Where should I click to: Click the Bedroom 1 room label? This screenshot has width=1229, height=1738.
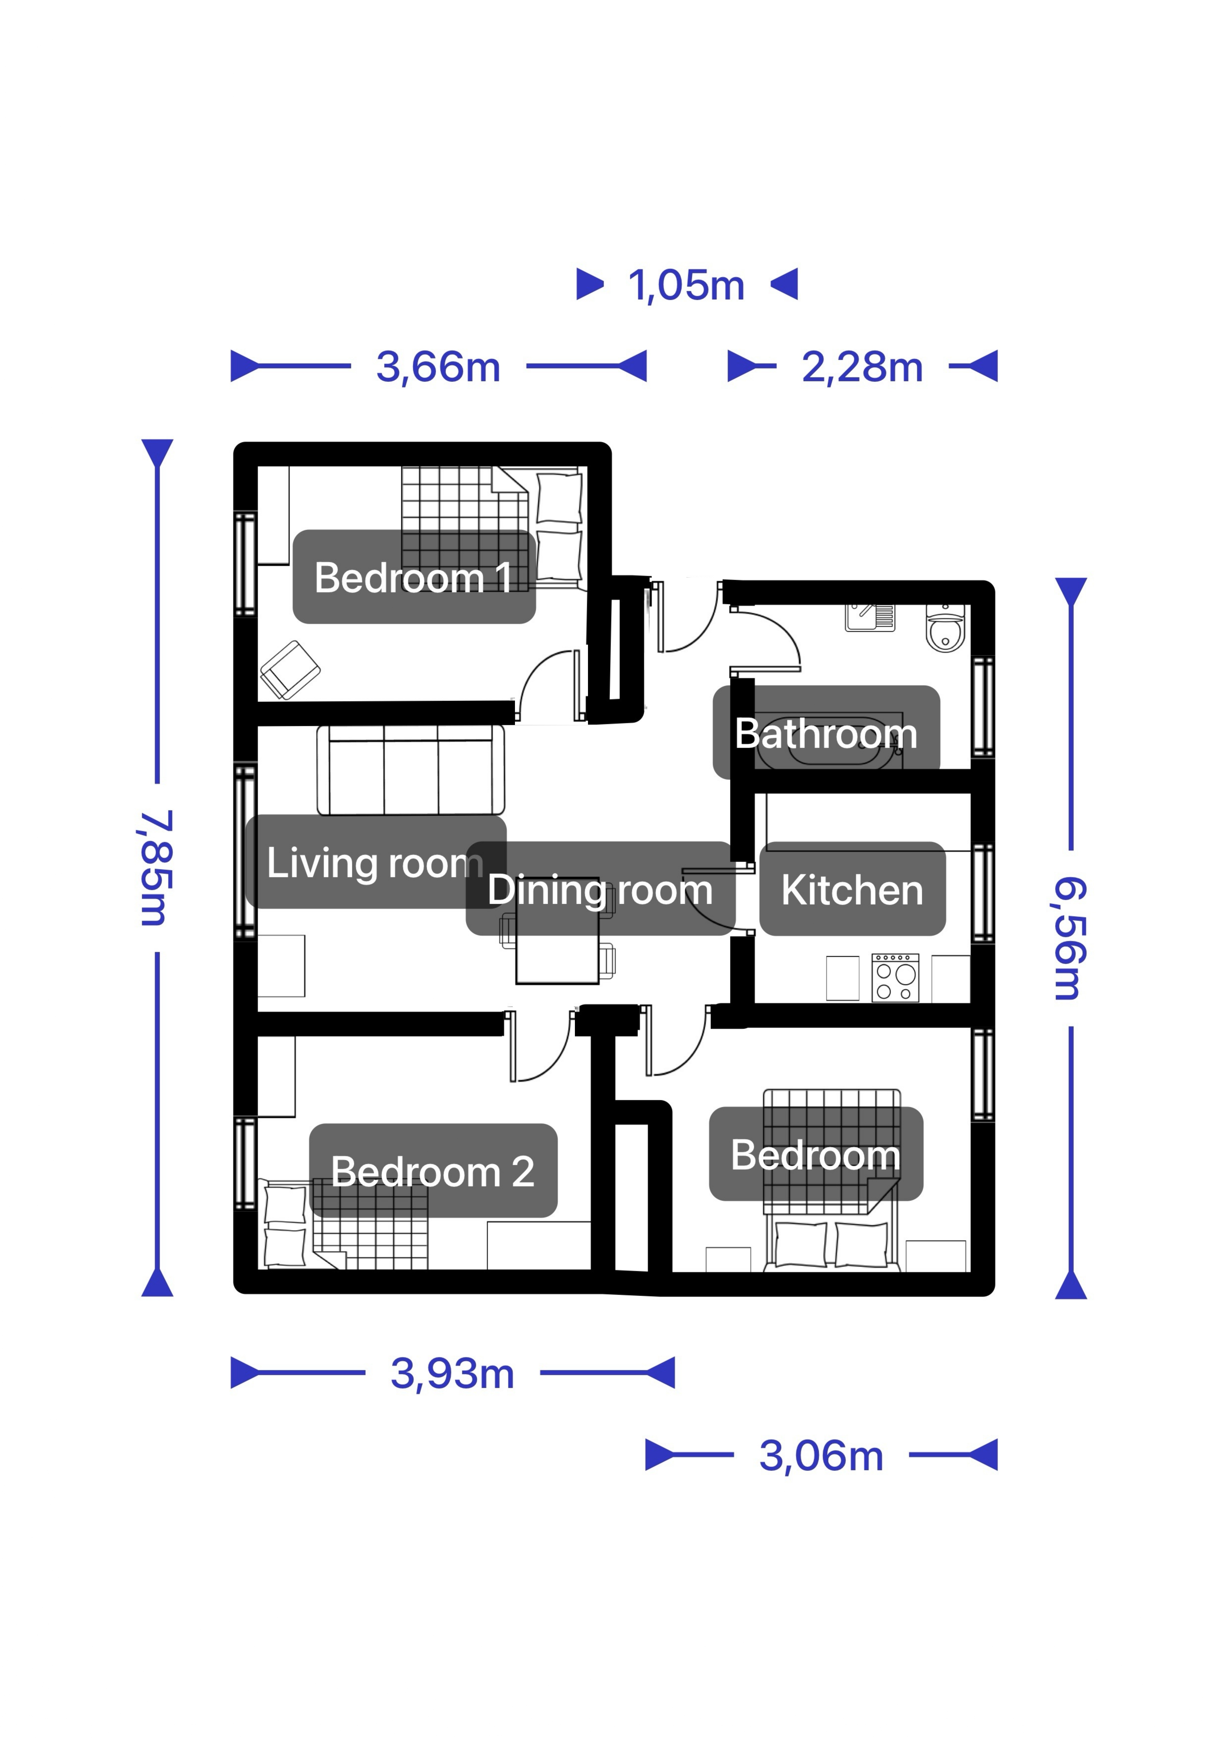click(x=413, y=578)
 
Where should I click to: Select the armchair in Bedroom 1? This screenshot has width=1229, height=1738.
click(x=290, y=670)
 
